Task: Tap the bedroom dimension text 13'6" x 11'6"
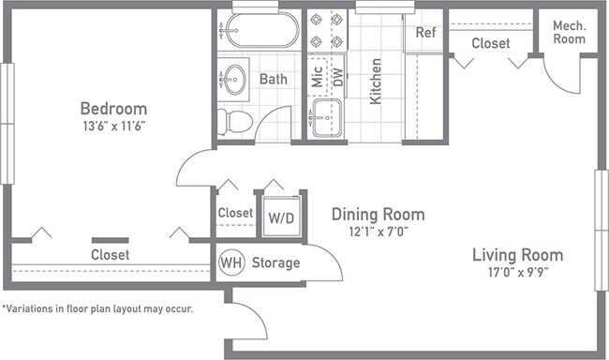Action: (x=113, y=125)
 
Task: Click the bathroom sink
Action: (x=234, y=78)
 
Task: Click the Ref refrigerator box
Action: (x=426, y=33)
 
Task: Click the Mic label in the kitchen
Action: (x=317, y=78)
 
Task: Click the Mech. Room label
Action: (x=568, y=32)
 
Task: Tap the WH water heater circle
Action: (x=231, y=262)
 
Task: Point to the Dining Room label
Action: (x=378, y=214)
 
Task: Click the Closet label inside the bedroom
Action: (x=110, y=254)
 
